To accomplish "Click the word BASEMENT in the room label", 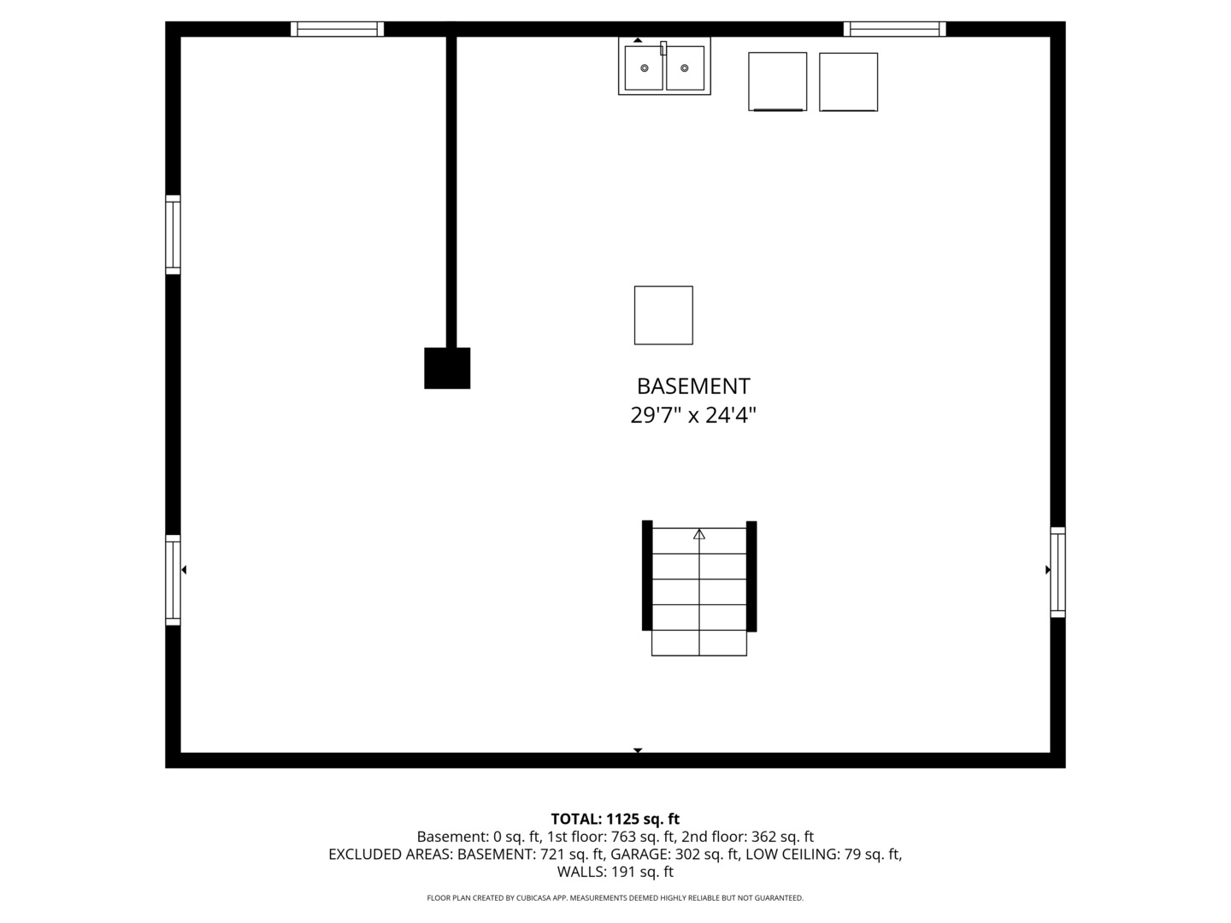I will (x=693, y=386).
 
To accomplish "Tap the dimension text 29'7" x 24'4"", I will (x=693, y=416).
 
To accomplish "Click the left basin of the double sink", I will (x=644, y=68).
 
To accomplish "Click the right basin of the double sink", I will (x=685, y=68).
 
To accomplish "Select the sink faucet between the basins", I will (x=663, y=48).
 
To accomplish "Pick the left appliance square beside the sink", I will (x=777, y=82).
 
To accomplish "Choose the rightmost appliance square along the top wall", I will (x=848, y=82).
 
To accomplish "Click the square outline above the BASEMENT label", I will (x=663, y=315).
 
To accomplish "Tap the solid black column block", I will (x=447, y=368).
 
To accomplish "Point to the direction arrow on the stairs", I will (x=699, y=534).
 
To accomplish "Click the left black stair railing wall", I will (x=647, y=575).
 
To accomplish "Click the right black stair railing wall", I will (x=751, y=575).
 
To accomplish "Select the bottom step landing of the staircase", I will (x=699, y=643).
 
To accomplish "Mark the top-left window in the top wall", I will (x=337, y=29).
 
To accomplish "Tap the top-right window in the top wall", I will (x=894, y=29).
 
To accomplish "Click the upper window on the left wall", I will (x=173, y=234).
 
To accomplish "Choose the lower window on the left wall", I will (x=173, y=579).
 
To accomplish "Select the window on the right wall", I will (x=1057, y=572).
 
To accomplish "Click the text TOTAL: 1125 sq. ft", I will (x=615, y=819).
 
